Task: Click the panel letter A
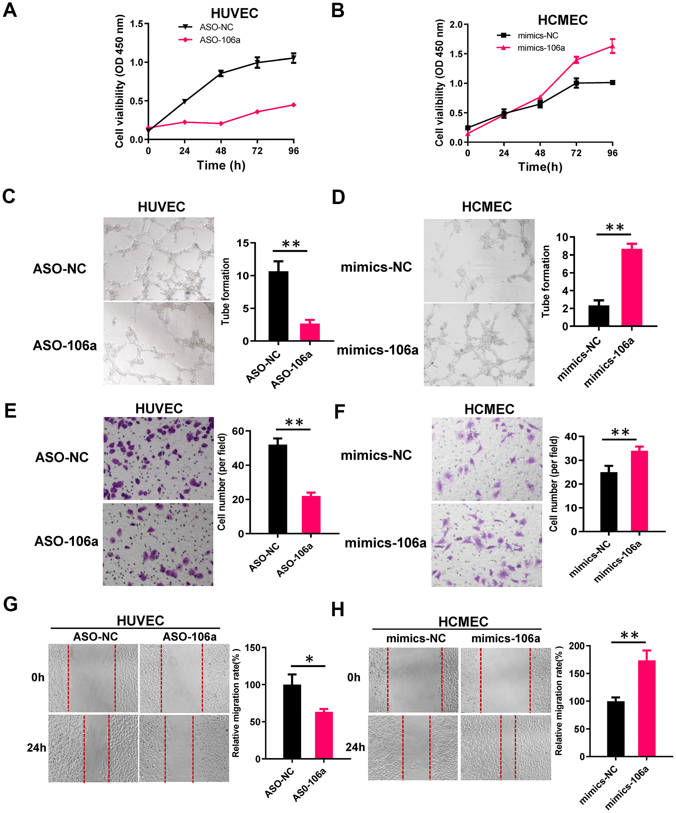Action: pyautogui.click(x=10, y=10)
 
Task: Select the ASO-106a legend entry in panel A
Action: pyautogui.click(x=220, y=40)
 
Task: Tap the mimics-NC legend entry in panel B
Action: pyautogui.click(x=538, y=36)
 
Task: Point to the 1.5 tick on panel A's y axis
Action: pyautogui.click(x=136, y=24)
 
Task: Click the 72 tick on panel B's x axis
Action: pyautogui.click(x=576, y=153)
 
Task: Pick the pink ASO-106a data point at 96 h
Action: pyautogui.click(x=293, y=105)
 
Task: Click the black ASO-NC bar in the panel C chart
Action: pyautogui.click(x=278, y=306)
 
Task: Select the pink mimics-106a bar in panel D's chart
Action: pyautogui.click(x=631, y=287)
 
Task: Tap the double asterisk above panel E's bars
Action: pyautogui.click(x=293, y=422)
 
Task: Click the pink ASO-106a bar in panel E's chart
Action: pyautogui.click(x=311, y=515)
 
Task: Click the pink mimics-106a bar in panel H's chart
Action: pyautogui.click(x=646, y=708)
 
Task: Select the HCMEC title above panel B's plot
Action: pyautogui.click(x=563, y=20)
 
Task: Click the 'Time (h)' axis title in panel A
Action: pyautogui.click(x=221, y=165)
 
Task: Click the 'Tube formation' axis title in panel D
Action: pyautogui.click(x=545, y=281)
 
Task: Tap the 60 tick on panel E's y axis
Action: pyautogui.click(x=238, y=431)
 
